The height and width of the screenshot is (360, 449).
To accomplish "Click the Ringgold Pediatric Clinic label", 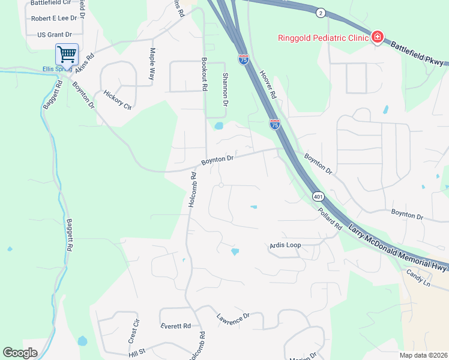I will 322,38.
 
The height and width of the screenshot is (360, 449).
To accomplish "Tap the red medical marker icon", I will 377,38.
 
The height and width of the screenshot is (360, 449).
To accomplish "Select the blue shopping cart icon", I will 67,55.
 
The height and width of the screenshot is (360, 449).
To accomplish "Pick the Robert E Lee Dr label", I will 51,19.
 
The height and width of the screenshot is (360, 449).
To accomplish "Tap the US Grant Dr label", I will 54,35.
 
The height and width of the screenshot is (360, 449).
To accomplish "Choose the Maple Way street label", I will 152,65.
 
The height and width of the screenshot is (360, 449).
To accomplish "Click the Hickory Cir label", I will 118,100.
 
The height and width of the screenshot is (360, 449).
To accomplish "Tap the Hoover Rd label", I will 268,83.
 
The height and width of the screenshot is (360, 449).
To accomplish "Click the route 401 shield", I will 318,196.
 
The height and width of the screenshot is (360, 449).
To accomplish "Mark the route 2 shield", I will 321,13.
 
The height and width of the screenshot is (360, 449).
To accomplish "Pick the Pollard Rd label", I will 330,219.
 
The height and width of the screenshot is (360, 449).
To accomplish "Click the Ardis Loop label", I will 285,245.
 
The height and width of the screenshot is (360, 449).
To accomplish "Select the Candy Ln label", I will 418,278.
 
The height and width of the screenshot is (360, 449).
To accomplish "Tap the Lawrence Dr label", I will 232,319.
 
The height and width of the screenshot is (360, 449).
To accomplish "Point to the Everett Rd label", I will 175,326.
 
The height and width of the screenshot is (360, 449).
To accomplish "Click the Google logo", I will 20,353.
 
